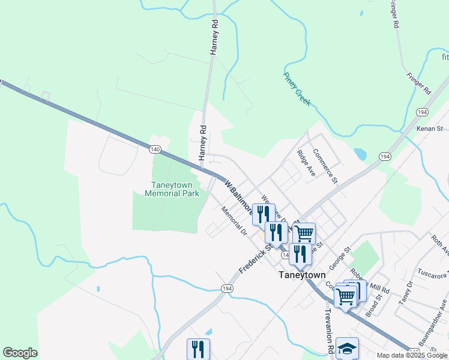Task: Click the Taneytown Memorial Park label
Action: tap(172, 189)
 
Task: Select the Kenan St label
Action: tap(430, 128)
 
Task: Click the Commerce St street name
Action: tap(325, 165)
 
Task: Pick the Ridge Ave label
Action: tap(306, 163)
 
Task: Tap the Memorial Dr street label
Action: tap(234, 220)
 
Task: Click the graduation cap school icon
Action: tap(348, 347)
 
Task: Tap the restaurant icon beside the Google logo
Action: tap(198, 349)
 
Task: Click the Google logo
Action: tap(20, 353)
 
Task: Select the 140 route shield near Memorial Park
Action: tap(155, 148)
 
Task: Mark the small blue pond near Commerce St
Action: tap(360, 154)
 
